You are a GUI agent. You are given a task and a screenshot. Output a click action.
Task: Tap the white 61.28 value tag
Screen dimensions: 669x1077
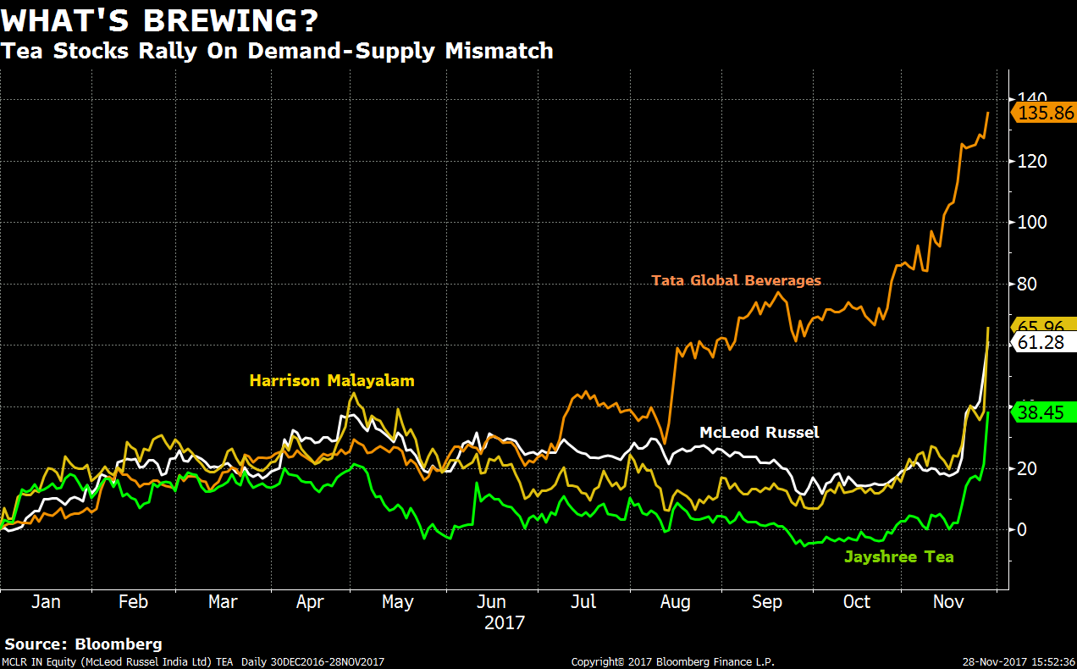click(x=1044, y=342)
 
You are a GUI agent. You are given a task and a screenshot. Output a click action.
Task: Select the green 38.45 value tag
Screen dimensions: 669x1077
click(x=1044, y=412)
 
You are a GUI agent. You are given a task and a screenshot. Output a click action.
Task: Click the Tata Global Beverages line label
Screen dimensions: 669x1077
click(x=736, y=280)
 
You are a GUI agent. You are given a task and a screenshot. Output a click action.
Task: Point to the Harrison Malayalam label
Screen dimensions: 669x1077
click(x=332, y=381)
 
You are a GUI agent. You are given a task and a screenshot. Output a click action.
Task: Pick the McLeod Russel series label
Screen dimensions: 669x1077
click(x=759, y=433)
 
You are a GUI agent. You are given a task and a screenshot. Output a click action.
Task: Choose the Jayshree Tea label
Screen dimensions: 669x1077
click(x=898, y=556)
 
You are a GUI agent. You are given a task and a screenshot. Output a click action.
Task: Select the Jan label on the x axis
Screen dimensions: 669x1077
click(x=46, y=602)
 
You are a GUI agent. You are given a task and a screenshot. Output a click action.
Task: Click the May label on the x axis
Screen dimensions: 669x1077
click(x=397, y=602)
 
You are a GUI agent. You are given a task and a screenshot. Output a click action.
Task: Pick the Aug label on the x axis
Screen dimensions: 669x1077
click(x=675, y=602)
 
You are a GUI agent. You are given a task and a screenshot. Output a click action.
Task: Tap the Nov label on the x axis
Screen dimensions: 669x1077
click(x=948, y=602)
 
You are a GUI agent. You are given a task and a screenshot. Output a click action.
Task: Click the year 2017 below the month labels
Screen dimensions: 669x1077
click(x=505, y=623)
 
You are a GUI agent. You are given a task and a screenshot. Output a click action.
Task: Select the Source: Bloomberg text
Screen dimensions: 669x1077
click(x=83, y=644)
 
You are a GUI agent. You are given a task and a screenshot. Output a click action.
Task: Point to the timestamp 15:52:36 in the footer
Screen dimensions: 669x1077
click(x=1049, y=662)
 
